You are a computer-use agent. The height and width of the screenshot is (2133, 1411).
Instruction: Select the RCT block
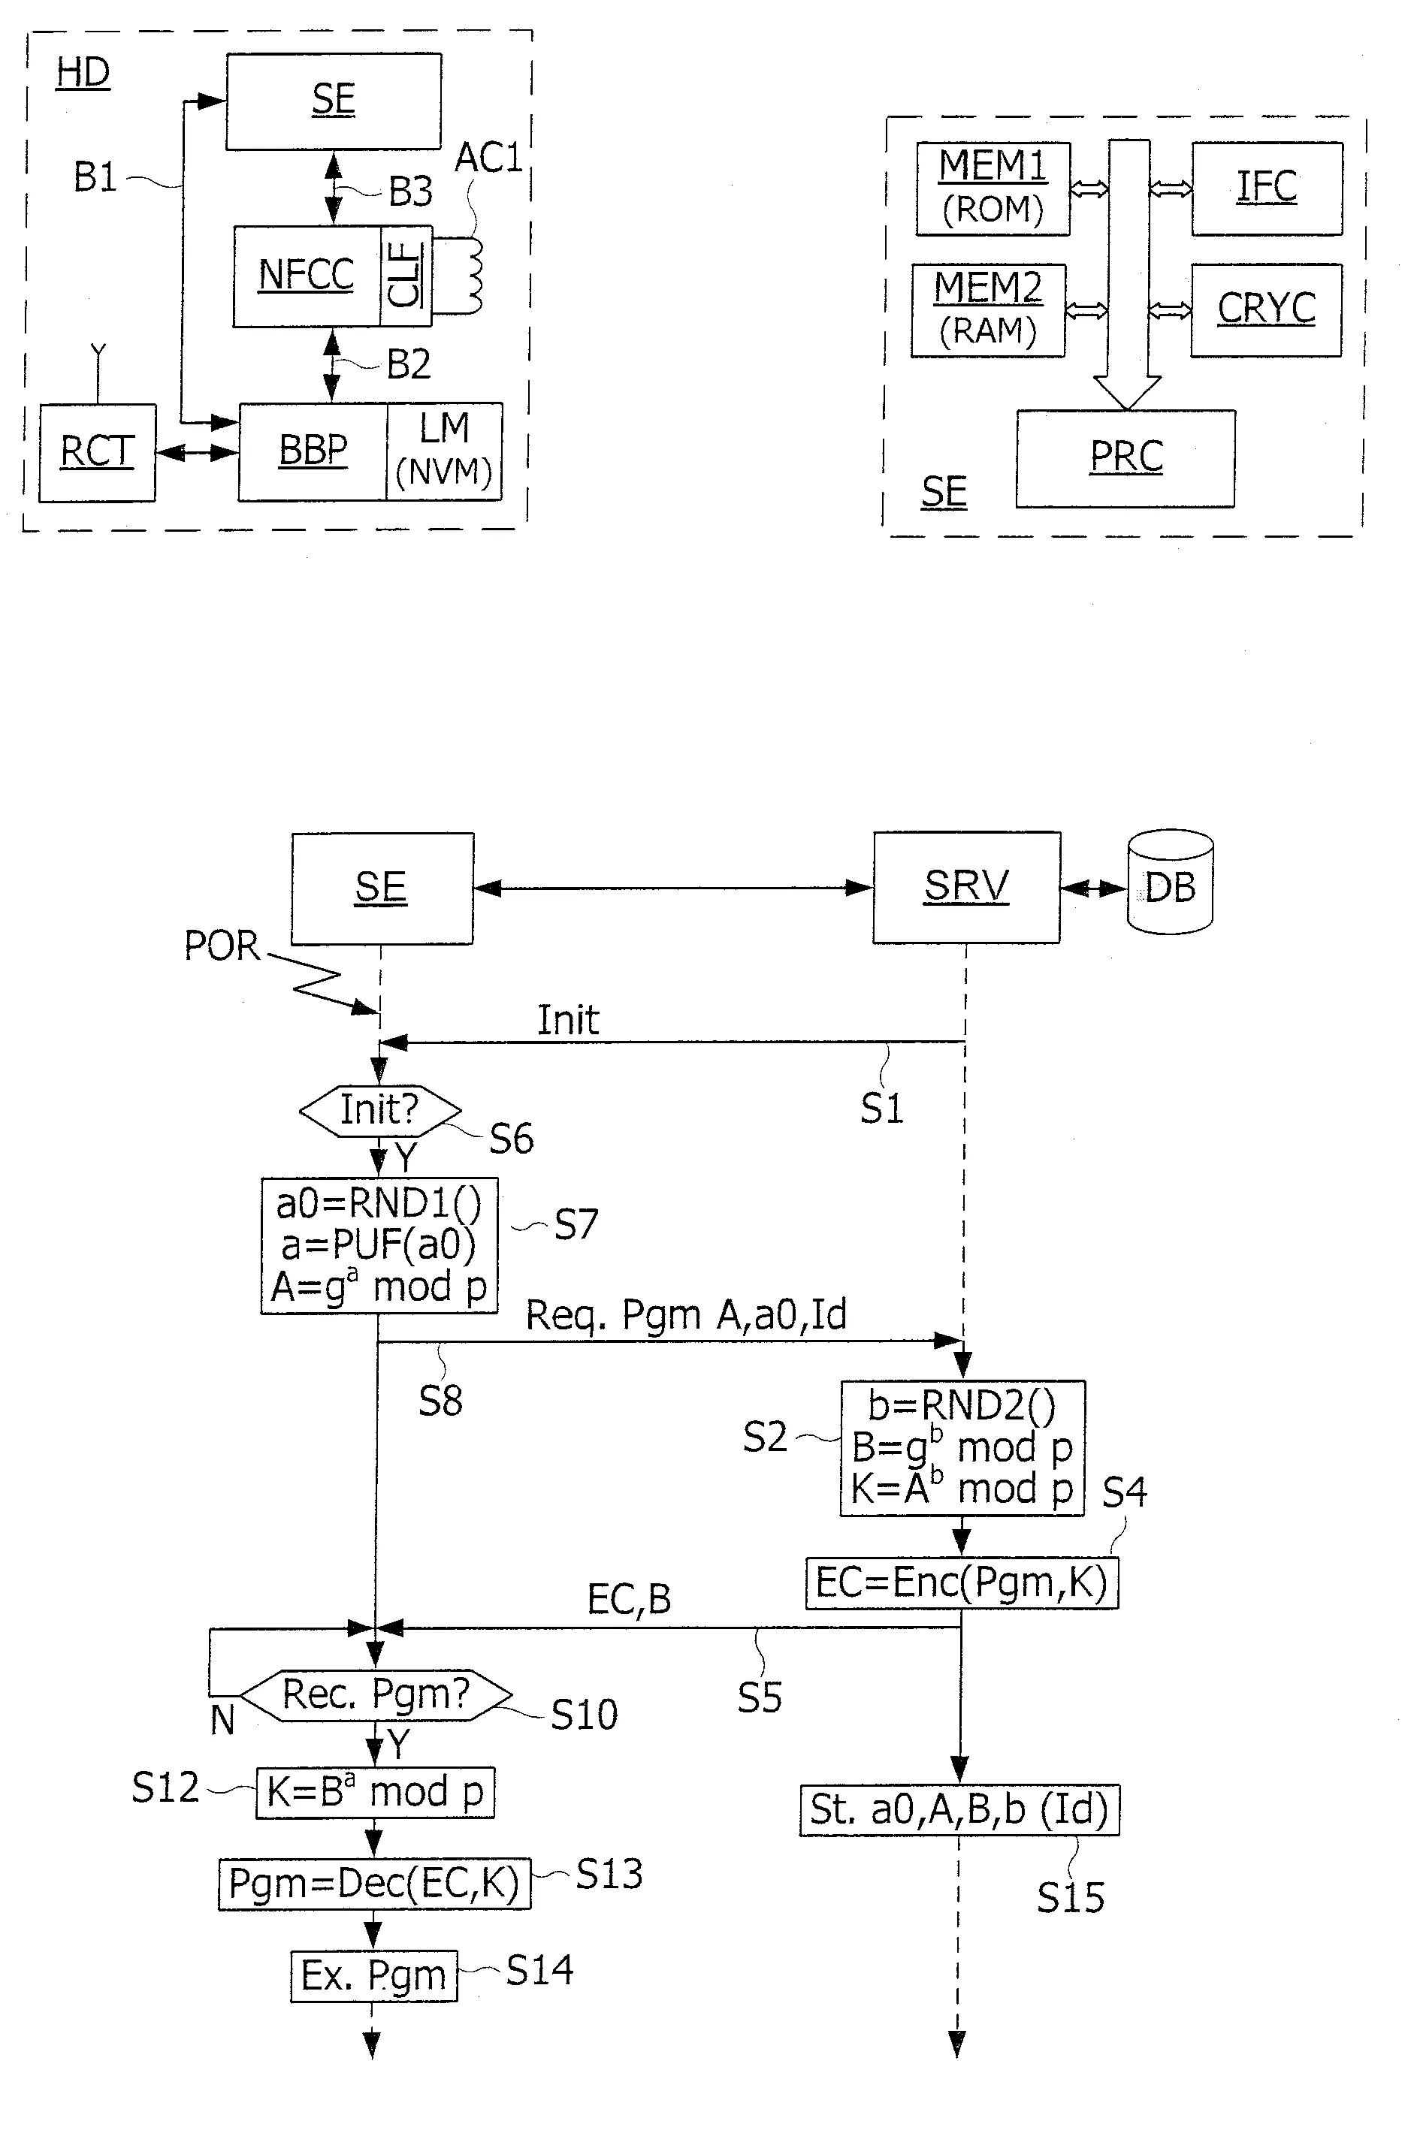pyautogui.click(x=97, y=452)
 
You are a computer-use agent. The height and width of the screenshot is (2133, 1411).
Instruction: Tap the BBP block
pyautogui.click(x=313, y=451)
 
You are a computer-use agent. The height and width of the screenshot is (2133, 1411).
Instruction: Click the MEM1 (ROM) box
pyautogui.click(x=993, y=189)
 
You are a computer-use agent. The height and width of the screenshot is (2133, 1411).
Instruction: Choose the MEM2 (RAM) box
pyautogui.click(x=988, y=310)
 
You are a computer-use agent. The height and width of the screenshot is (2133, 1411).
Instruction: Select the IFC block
pyautogui.click(x=1267, y=189)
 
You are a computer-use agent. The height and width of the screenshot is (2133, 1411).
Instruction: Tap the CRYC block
pyautogui.click(x=1266, y=310)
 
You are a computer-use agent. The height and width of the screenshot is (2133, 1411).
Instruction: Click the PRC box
pyautogui.click(x=1125, y=459)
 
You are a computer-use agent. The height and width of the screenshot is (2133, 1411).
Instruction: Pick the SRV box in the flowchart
pyautogui.click(x=966, y=887)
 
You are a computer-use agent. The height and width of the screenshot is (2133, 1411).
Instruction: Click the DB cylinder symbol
pyautogui.click(x=1170, y=882)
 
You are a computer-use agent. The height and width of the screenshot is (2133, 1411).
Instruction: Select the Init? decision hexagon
pyautogui.click(x=379, y=1111)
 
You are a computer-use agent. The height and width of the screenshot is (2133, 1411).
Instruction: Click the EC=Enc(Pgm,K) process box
pyautogui.click(x=961, y=1583)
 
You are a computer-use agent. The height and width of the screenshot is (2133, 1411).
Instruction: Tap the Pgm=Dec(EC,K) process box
pyautogui.click(x=374, y=1883)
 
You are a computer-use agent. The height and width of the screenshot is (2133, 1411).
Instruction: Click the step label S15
pyautogui.click(x=1070, y=1898)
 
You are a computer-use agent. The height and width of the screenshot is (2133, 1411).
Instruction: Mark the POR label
pyautogui.click(x=222, y=946)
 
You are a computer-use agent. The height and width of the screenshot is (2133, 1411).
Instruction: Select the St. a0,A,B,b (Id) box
pyautogui.click(x=960, y=1810)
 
